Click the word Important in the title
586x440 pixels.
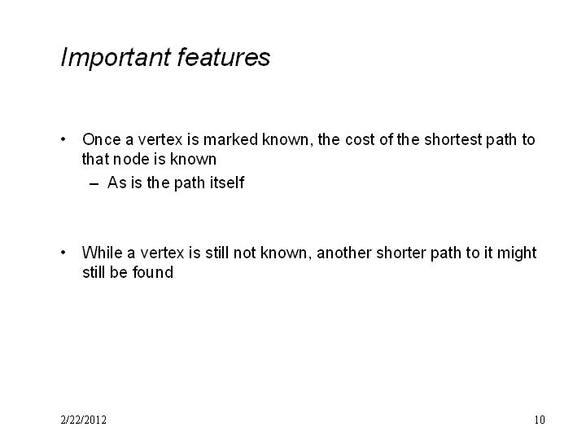point(116,58)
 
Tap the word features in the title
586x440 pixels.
point(224,57)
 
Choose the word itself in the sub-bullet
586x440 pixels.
point(227,183)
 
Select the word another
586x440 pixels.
point(344,253)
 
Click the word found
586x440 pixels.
point(153,272)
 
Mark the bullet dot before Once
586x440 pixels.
point(63,139)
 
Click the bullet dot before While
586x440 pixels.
point(63,253)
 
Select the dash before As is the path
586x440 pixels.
point(94,183)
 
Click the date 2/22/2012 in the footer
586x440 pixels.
point(83,420)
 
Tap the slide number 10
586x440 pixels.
point(540,420)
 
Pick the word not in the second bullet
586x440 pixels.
point(244,253)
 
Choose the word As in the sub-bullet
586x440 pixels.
point(117,183)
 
